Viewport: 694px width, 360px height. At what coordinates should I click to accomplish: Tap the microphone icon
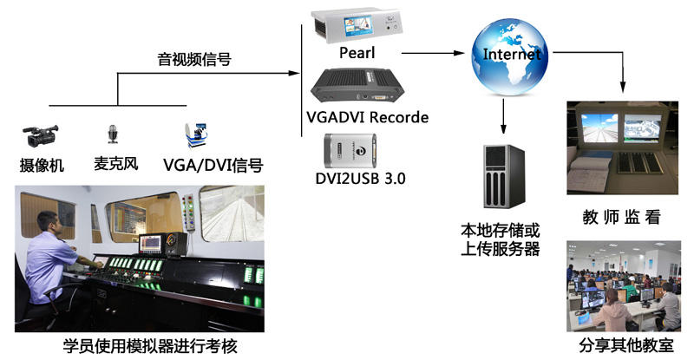point(112,133)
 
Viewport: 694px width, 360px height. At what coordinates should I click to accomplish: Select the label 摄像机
point(43,164)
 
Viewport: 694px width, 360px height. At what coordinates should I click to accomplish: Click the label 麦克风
point(115,163)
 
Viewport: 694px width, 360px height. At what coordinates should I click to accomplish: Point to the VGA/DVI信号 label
point(213,164)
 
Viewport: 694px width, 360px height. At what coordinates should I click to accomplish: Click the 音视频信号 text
point(194,60)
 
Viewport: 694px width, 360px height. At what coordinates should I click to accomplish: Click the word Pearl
point(357,53)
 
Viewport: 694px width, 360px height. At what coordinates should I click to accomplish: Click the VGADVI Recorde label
point(368,116)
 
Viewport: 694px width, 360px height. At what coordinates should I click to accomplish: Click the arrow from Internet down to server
point(504,115)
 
